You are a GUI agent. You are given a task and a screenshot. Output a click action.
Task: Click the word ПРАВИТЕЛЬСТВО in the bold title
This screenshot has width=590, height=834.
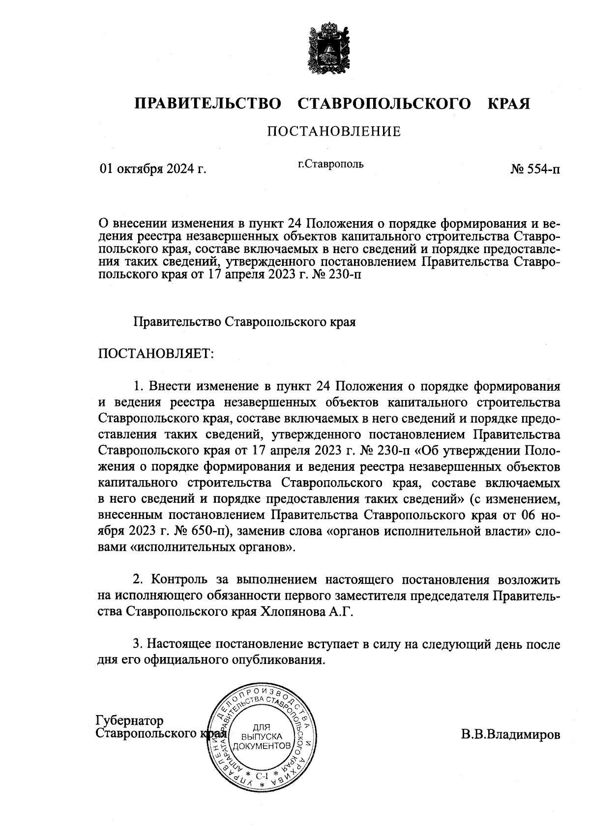(207, 104)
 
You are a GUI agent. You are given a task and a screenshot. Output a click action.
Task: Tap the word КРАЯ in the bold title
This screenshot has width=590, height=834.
(508, 104)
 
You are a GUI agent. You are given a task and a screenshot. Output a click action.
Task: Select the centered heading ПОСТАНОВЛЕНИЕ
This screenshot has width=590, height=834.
(334, 131)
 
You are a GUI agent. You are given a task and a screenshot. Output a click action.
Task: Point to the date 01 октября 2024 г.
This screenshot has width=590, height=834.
(152, 170)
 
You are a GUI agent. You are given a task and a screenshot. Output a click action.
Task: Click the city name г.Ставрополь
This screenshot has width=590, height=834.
(331, 164)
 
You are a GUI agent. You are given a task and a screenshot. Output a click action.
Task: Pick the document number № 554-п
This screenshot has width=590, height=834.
(535, 170)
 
